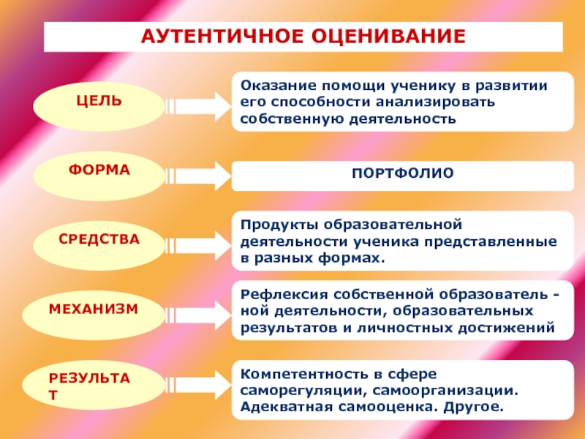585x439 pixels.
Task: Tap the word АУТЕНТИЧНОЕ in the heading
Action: coord(216,36)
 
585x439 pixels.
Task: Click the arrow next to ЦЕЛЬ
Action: coord(195,105)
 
